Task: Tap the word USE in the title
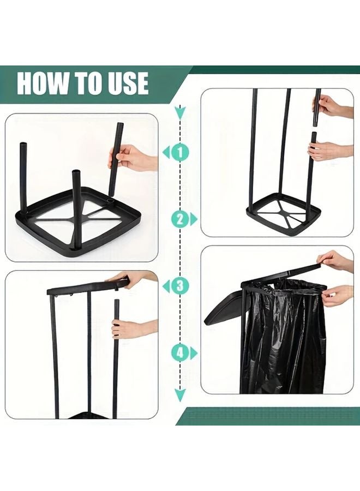click(x=125, y=83)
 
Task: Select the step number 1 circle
click(x=180, y=152)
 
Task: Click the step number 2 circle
click(x=180, y=219)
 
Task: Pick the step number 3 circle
click(x=180, y=285)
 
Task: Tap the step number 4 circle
click(x=180, y=352)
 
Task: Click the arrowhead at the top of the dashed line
click(x=180, y=113)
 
